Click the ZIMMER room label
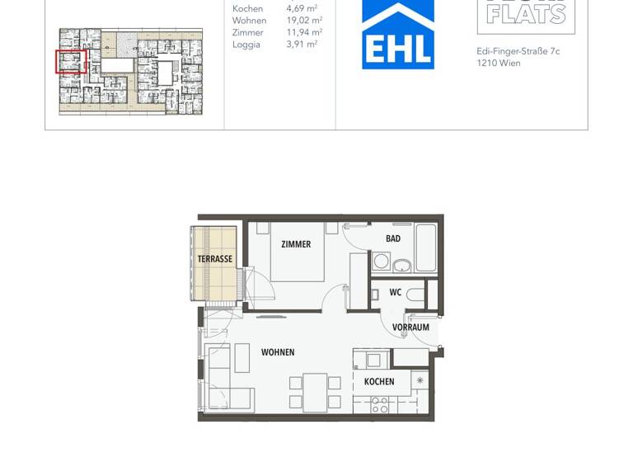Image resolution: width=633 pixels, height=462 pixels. [296, 244]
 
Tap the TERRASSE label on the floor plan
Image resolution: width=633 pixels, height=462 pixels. [214, 259]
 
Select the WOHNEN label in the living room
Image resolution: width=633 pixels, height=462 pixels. [278, 352]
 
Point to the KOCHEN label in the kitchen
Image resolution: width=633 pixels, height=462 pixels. [379, 382]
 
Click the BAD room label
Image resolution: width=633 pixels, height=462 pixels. [393, 239]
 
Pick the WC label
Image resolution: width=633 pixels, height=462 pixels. [395, 292]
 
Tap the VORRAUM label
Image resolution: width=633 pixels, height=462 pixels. [410, 328]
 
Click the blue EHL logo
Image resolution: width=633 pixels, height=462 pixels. [398, 35]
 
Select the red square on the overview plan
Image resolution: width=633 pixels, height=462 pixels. [71, 61]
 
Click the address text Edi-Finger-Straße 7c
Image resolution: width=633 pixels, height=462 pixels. [518, 51]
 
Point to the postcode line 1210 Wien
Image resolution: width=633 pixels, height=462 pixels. [499, 64]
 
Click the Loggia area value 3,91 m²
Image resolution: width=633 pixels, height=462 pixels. [303, 45]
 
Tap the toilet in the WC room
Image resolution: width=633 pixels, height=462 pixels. [415, 294]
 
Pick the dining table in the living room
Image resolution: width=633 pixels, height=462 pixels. [315, 392]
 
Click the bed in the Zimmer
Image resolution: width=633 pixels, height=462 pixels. [297, 252]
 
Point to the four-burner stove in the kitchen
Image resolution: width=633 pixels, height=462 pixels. [380, 405]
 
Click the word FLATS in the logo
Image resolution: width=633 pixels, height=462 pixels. [526, 13]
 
